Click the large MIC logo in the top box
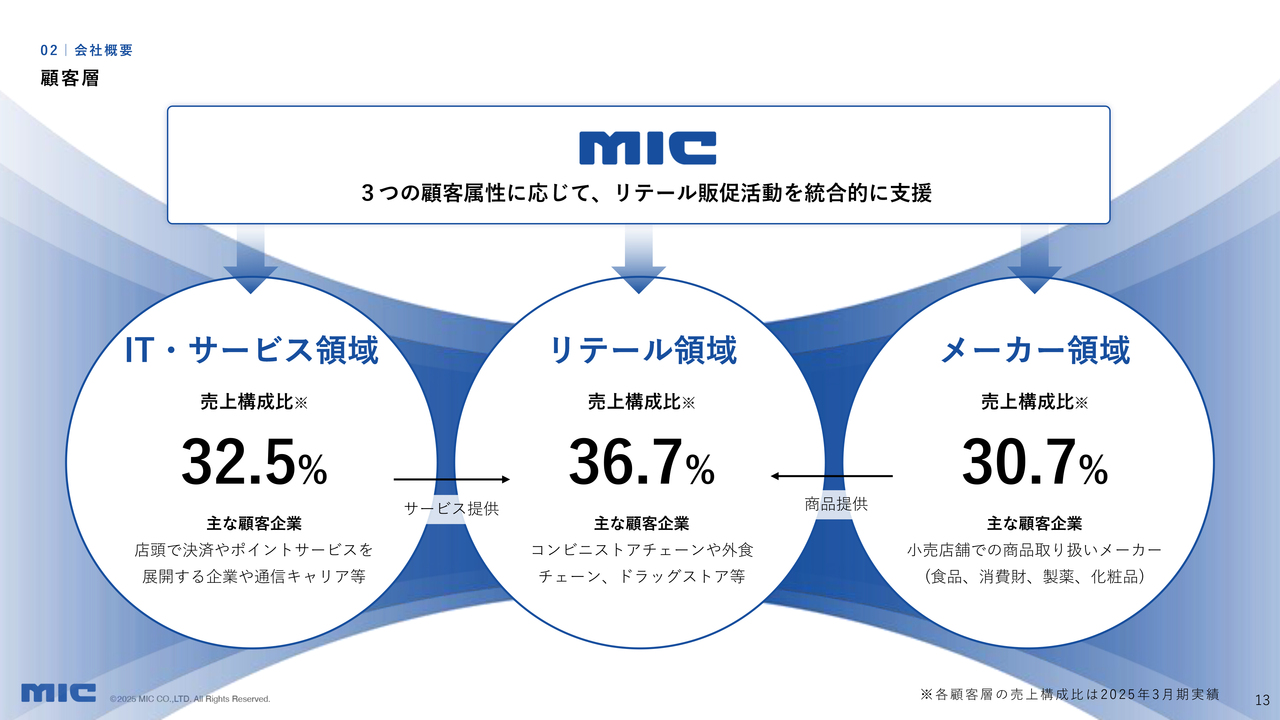(647, 148)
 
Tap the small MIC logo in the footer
(58, 693)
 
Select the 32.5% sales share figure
(254, 462)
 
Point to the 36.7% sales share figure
(642, 462)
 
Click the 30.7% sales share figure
(1035, 462)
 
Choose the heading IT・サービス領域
(251, 350)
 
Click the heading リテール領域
(642, 350)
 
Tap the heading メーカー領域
(1035, 350)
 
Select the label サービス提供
(451, 509)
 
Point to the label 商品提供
(836, 504)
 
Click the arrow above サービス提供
(451, 479)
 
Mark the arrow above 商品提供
(831, 476)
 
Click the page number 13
(1262, 700)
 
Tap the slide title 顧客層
(70, 78)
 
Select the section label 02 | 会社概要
(86, 50)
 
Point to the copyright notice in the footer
(190, 699)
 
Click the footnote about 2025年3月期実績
(1070, 695)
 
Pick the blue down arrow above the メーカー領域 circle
(1034, 259)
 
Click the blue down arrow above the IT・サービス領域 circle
(250, 259)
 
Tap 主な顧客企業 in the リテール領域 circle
(642, 523)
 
